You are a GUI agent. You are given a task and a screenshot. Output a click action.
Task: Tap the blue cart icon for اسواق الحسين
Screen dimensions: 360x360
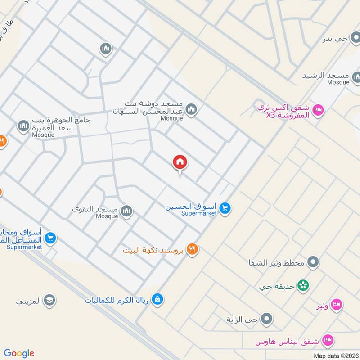pyautogui.click(x=226, y=208)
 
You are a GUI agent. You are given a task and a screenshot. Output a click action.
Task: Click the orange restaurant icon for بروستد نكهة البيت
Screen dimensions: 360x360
pyautogui.click(x=193, y=249)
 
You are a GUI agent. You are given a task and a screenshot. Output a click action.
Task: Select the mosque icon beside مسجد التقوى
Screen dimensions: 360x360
pyautogui.click(x=127, y=211)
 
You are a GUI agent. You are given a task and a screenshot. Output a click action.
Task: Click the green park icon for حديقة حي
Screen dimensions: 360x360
pyautogui.click(x=304, y=285)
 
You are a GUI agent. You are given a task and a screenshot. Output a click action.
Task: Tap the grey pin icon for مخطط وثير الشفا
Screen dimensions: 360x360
pyautogui.click(x=314, y=261)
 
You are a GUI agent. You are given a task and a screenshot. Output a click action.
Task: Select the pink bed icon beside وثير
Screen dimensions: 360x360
pyautogui.click(x=336, y=306)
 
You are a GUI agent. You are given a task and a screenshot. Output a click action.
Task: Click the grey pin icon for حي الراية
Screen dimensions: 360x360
pyautogui.click(x=267, y=319)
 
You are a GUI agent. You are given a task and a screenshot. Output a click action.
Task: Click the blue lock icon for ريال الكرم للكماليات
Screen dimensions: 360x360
pyautogui.click(x=157, y=299)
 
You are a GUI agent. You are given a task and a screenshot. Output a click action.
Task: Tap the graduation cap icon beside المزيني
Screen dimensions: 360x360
pyautogui.click(x=49, y=300)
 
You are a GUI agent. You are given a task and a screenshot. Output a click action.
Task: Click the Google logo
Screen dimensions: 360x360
pyautogui.click(x=19, y=353)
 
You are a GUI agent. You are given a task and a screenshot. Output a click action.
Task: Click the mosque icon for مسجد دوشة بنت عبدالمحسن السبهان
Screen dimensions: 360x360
pyautogui.click(x=192, y=109)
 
